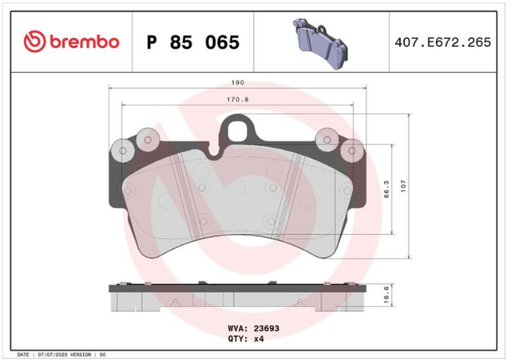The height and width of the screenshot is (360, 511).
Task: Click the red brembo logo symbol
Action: (x=34, y=42)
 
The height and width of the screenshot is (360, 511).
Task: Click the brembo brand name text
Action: (x=85, y=42)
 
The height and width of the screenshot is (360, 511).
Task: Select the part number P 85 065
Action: (x=193, y=42)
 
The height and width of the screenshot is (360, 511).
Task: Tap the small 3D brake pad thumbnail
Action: (x=320, y=44)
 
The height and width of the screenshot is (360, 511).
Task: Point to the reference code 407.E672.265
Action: (x=442, y=42)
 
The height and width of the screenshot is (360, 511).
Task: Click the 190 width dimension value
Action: (x=238, y=83)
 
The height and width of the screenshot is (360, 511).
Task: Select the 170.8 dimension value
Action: (x=238, y=100)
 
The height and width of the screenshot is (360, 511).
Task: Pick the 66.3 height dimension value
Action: (x=386, y=189)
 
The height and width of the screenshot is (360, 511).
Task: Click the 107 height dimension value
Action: (x=403, y=186)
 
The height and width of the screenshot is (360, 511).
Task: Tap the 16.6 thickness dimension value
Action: (x=386, y=295)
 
